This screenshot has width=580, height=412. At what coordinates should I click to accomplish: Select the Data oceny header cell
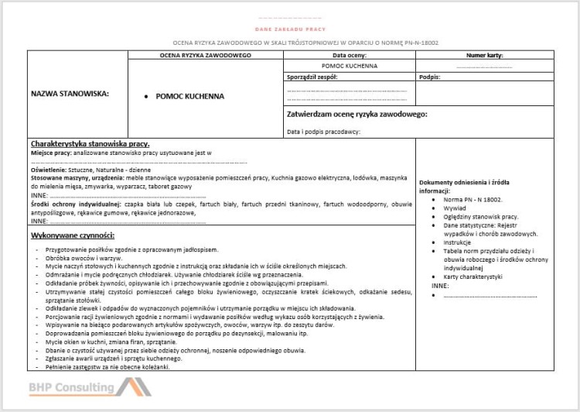click(349, 57)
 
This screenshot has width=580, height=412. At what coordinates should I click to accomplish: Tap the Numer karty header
click(485, 57)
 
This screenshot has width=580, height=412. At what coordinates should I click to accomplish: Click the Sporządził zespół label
click(312, 77)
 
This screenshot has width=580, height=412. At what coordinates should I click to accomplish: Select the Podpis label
click(428, 77)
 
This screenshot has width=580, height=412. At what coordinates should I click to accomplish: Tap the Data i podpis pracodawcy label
click(323, 132)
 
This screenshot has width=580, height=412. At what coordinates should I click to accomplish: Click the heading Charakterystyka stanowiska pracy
click(90, 144)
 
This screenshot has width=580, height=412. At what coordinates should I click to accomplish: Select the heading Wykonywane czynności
click(73, 235)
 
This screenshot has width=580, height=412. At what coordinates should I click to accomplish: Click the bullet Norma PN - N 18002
click(473, 199)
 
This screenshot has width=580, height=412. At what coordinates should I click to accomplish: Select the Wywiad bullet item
click(454, 208)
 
